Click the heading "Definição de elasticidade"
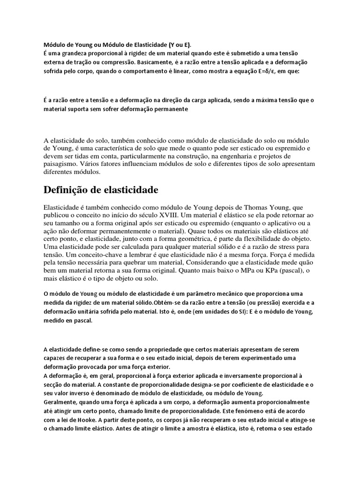click(x=101, y=190)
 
